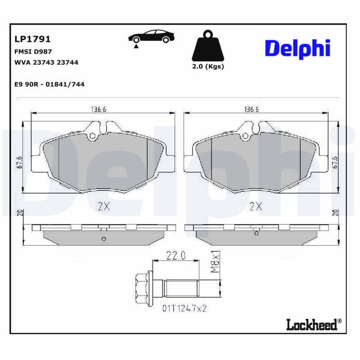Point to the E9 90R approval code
49,84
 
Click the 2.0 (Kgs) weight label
208,67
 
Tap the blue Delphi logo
297,48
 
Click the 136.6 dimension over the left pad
102,109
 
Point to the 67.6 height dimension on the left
19,162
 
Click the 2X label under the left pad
104,207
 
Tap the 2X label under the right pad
256,207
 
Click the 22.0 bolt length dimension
176,256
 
